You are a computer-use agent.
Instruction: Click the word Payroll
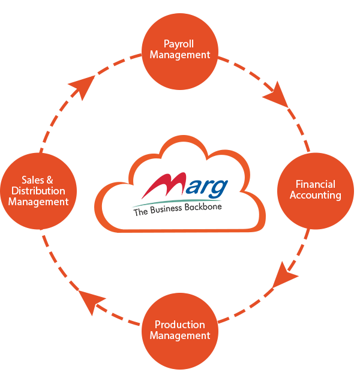[x=179, y=44]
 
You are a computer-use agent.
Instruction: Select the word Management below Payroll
[x=180, y=55]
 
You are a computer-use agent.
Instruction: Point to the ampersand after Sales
[x=50, y=180]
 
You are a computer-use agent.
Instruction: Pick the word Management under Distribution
[x=38, y=202]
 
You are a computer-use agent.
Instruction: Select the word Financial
[x=316, y=184]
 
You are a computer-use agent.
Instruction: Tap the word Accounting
[x=316, y=195]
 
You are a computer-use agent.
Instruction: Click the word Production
[x=180, y=325]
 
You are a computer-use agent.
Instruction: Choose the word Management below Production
[x=180, y=335]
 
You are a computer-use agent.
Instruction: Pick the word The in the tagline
[x=140, y=212]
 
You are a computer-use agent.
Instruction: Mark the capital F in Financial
[x=299, y=184]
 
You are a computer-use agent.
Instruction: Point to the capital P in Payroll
[x=167, y=44]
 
